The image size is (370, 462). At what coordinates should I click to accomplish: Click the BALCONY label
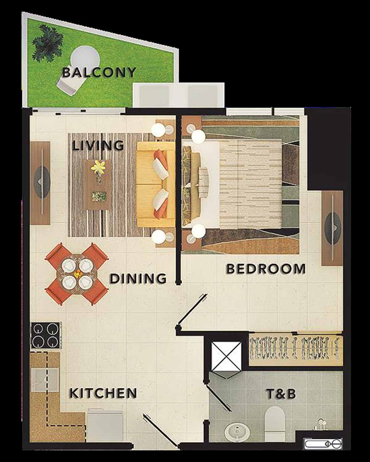[x=99, y=73]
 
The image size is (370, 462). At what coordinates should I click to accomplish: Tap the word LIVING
[x=98, y=146]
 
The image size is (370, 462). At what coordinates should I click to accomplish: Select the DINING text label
[x=138, y=279]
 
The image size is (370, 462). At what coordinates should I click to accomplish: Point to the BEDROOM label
[x=266, y=269]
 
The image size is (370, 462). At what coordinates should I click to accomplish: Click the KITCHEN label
[x=103, y=393]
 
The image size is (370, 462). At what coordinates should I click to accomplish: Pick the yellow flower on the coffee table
[x=98, y=167]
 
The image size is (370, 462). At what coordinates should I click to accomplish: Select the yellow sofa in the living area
[x=156, y=184]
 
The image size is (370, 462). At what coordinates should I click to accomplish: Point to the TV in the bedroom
[x=332, y=228]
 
